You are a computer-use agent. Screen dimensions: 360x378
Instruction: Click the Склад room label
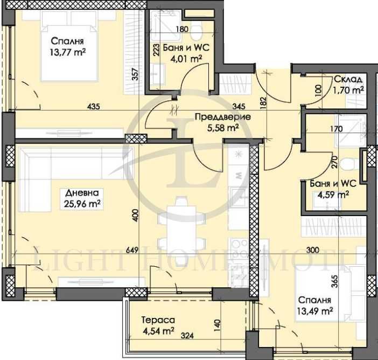click(x=347, y=79)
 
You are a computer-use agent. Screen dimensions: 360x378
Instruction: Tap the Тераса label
click(x=149, y=319)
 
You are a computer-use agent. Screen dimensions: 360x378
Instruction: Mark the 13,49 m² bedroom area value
click(x=316, y=310)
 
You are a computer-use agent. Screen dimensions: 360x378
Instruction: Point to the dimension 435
click(x=93, y=108)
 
